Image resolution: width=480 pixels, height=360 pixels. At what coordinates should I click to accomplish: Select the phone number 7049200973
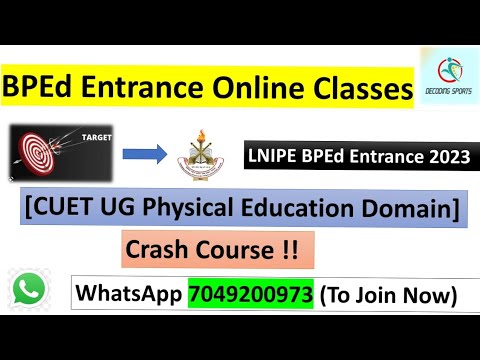pos(250,295)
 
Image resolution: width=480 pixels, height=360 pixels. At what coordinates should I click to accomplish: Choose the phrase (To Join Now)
pos(387,295)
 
